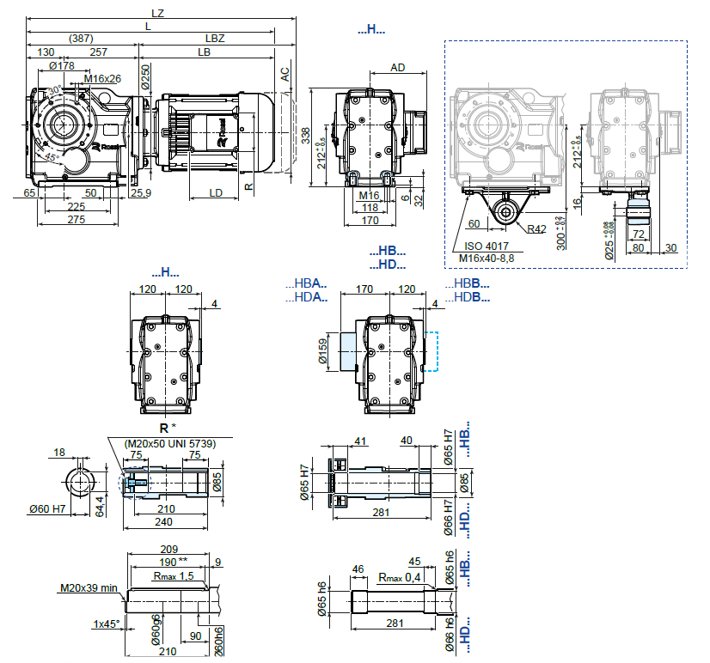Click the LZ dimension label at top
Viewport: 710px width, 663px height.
coord(158,13)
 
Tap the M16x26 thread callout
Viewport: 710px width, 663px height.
coord(103,80)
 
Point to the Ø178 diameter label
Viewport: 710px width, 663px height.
coord(62,66)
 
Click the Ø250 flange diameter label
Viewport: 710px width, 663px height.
coord(146,77)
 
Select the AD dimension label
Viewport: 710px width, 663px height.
coord(397,67)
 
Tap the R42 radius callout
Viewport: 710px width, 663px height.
coord(537,228)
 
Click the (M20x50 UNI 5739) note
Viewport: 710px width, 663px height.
coord(169,443)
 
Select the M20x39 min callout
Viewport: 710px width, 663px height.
coord(88,588)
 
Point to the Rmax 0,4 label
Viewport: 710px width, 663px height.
coord(396,576)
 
